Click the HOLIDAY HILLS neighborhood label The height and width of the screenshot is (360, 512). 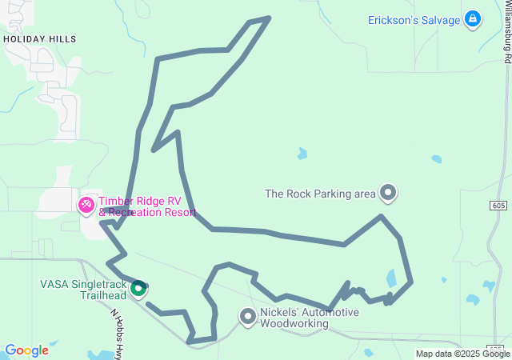[x=39, y=38]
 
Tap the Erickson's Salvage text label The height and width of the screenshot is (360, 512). [x=414, y=20]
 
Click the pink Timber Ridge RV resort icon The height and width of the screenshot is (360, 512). [x=86, y=205]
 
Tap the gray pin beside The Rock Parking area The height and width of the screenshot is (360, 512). [x=388, y=192]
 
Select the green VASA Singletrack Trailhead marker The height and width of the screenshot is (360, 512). [x=138, y=288]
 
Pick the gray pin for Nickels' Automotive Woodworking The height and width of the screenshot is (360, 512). [x=248, y=317]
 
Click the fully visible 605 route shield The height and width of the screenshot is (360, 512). [x=498, y=206]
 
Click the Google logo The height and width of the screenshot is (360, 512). [x=26, y=350]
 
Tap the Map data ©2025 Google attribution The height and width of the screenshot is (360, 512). [x=462, y=354]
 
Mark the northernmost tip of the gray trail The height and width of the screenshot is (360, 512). [x=270, y=18]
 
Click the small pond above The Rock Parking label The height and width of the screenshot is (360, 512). [x=302, y=153]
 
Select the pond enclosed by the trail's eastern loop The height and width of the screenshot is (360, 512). [x=391, y=278]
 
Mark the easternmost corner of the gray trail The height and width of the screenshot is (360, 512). [x=411, y=281]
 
